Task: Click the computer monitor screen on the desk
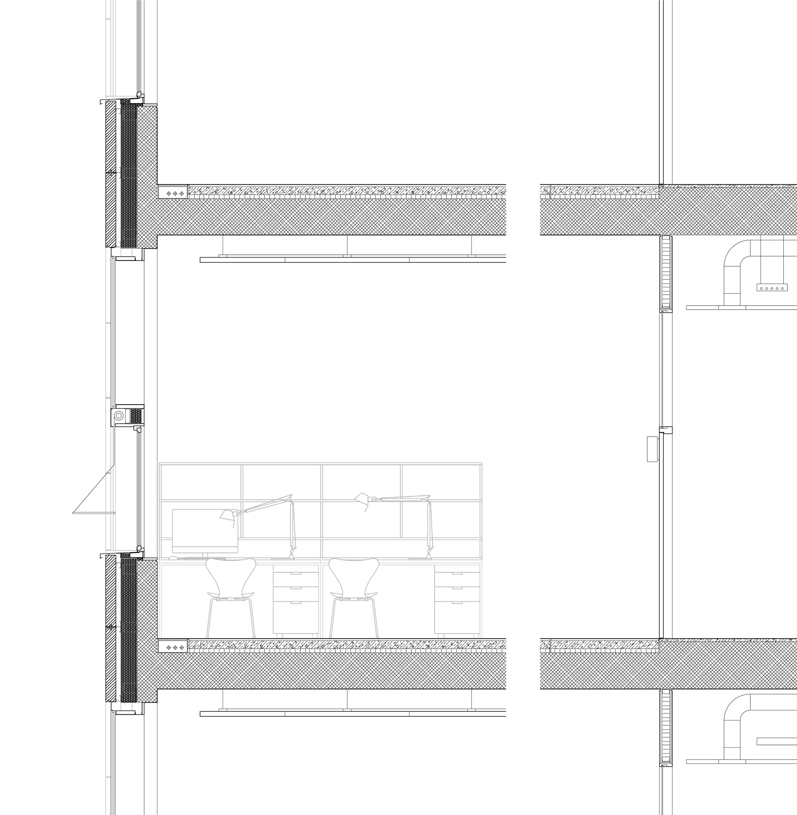pyautogui.click(x=205, y=531)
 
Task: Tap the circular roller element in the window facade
pyautogui.click(x=119, y=416)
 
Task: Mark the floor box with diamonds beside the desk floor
pyautogui.click(x=173, y=648)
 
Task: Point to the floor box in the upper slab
pyautogui.click(x=173, y=192)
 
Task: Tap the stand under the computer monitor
pyautogui.click(x=205, y=555)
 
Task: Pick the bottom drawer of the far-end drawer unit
pyautogui.click(x=457, y=617)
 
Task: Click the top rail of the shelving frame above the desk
pyautogui.click(x=320, y=464)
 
